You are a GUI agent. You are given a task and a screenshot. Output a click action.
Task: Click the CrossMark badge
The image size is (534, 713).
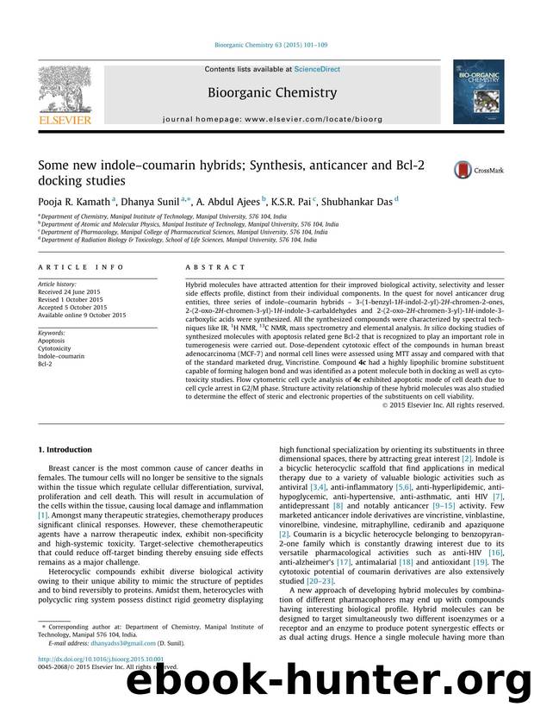(478, 171)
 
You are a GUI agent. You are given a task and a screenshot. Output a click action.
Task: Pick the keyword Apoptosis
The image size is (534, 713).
(53, 339)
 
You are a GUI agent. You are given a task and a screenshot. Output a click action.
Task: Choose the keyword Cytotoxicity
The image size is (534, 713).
(56, 347)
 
